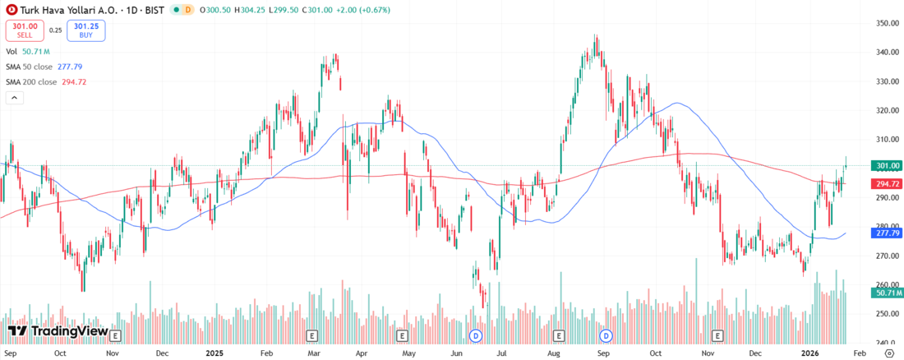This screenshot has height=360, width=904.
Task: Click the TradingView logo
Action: coord(58,331)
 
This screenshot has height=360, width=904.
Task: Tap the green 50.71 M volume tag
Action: coord(886,293)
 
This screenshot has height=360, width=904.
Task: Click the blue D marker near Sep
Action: coord(607,335)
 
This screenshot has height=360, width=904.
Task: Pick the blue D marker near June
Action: coord(475,335)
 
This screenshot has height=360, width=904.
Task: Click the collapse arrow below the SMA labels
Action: coord(14,98)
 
